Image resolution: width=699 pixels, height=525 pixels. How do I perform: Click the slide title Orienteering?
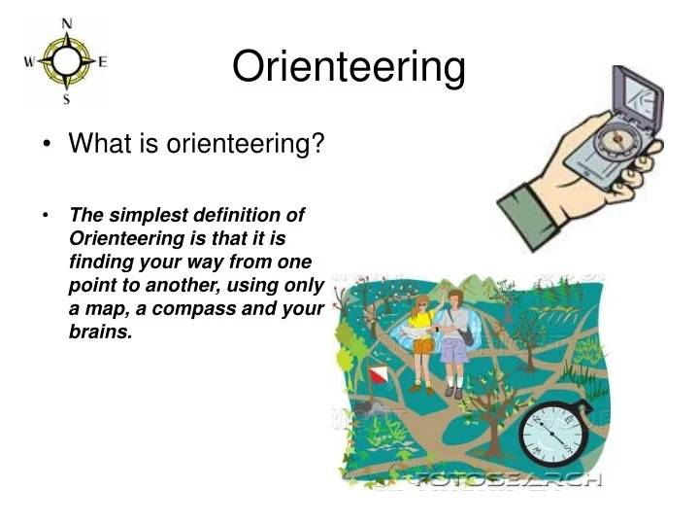349,67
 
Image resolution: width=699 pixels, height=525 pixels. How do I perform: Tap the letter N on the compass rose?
66,22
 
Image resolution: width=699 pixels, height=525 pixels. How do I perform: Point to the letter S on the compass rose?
66,98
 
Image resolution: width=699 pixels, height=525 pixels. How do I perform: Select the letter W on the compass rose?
30,61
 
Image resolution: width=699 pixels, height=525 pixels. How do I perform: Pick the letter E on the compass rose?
102,61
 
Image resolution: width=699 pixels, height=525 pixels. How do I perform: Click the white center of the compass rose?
66,61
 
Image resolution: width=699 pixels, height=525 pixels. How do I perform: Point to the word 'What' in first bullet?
95,145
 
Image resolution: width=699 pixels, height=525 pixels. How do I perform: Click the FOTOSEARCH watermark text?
505,479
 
